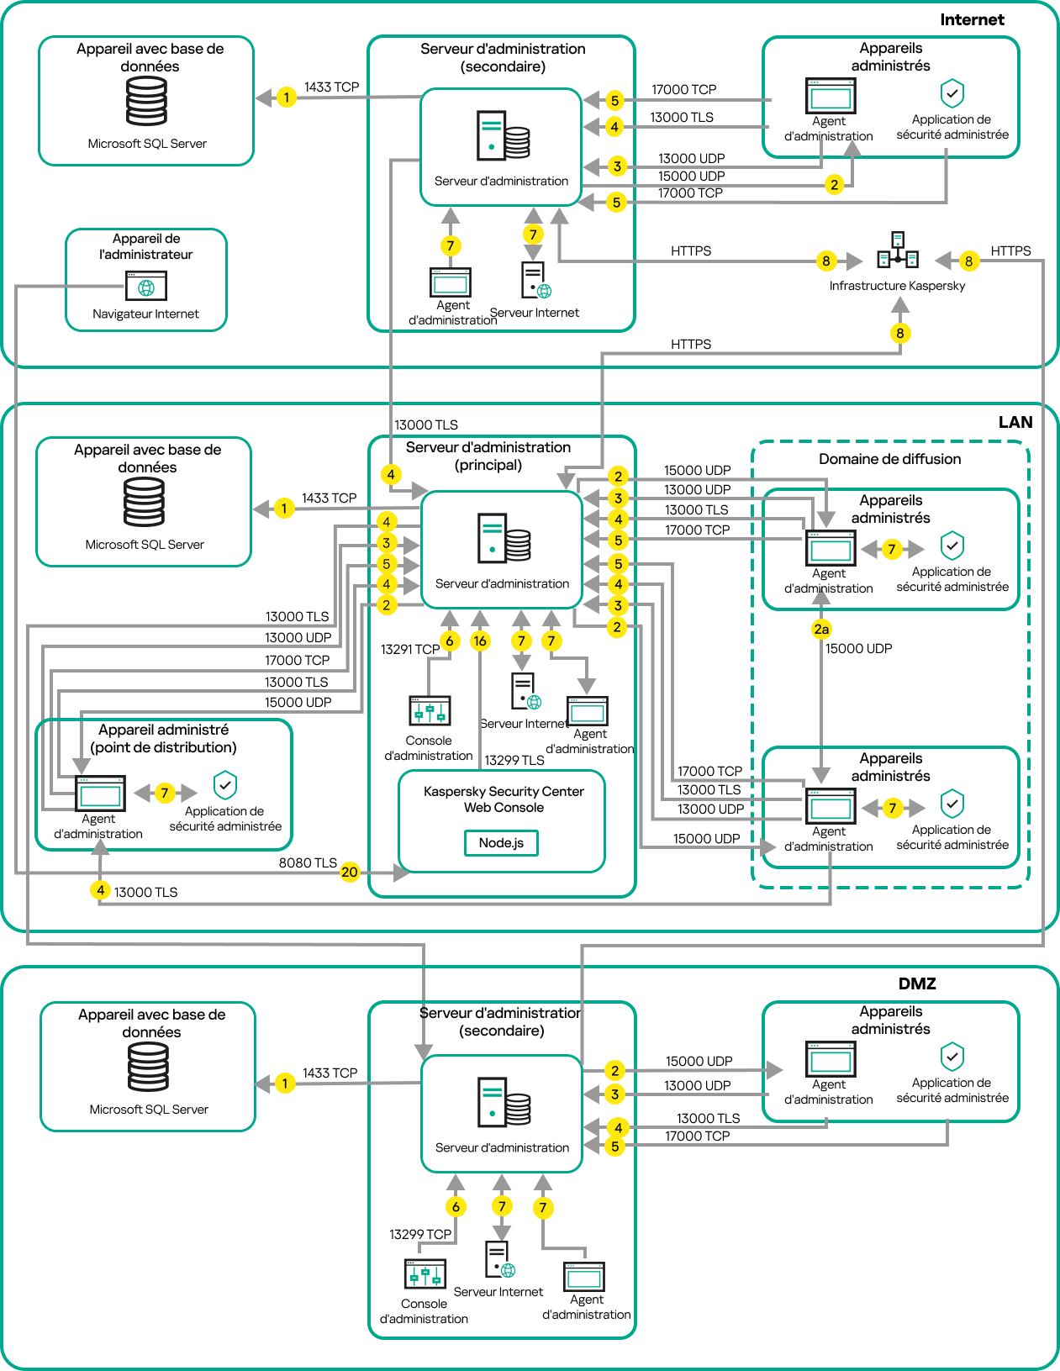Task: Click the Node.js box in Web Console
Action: [x=501, y=842]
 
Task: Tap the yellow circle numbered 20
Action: [x=350, y=872]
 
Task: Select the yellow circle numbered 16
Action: [x=479, y=641]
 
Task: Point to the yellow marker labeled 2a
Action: [x=821, y=629]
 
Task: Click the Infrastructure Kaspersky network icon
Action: [x=898, y=250]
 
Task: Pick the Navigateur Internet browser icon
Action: [x=146, y=286]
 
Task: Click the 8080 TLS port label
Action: [x=308, y=862]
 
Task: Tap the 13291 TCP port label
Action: [x=409, y=649]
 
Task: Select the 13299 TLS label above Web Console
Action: [x=514, y=760]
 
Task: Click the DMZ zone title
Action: [x=917, y=983]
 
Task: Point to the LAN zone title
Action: [x=1015, y=422]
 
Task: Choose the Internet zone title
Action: [x=972, y=19]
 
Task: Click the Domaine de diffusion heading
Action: [x=889, y=459]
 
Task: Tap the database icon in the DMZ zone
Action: [x=148, y=1067]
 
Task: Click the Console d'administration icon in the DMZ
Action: [x=425, y=1274]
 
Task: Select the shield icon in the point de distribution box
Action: [x=225, y=785]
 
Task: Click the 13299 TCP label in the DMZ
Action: [x=419, y=1234]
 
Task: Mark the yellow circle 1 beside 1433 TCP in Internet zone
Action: [x=287, y=98]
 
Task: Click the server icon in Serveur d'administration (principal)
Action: [x=504, y=538]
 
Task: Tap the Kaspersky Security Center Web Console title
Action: [x=504, y=799]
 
